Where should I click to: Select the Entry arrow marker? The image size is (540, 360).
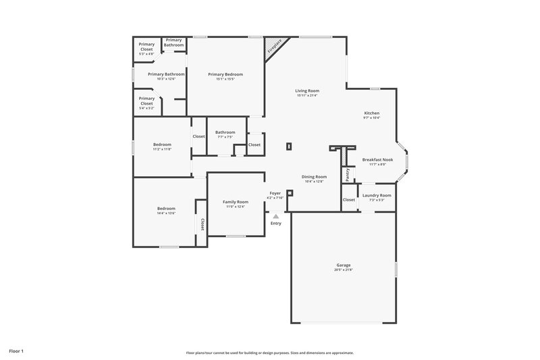pyautogui.click(x=275, y=216)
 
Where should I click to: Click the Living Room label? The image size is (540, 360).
pyautogui.click(x=307, y=93)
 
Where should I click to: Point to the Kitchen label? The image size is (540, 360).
pyautogui.click(x=372, y=115)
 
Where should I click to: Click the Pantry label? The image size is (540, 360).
pyautogui.click(x=348, y=174)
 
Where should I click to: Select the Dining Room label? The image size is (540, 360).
pyautogui.click(x=315, y=178)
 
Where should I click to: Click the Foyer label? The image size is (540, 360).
pyautogui.click(x=275, y=195)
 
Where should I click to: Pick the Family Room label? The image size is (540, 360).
pyautogui.click(x=236, y=203)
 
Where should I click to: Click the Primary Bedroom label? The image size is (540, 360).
pyautogui.click(x=225, y=76)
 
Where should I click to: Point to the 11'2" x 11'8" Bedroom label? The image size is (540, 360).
pyautogui.click(x=162, y=146)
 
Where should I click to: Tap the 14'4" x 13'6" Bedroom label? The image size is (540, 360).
pyautogui.click(x=166, y=210)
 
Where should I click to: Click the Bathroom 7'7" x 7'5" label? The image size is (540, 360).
pyautogui.click(x=225, y=134)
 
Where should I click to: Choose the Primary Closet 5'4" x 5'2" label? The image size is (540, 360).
pyautogui.click(x=146, y=103)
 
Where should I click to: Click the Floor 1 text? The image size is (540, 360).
pyautogui.click(x=17, y=351)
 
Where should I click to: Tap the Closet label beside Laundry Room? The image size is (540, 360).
pyautogui.click(x=349, y=199)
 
